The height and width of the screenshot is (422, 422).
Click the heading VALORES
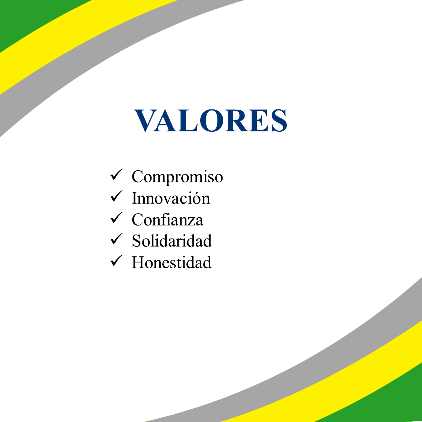point(211,120)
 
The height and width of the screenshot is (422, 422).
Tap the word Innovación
point(171,198)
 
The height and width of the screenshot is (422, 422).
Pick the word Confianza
point(167,219)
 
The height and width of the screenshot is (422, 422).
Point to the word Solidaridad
point(172,240)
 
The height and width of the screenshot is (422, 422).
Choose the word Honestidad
point(172,262)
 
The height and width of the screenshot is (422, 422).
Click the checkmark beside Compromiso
point(116,175)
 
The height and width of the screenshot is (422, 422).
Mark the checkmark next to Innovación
point(116,196)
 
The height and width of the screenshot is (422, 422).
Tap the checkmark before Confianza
point(116,218)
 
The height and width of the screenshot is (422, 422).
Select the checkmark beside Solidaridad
point(116,239)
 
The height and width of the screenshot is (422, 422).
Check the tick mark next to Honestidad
point(116,261)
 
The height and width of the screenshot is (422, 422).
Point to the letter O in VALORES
point(212,120)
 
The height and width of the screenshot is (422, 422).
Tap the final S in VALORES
point(279,120)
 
